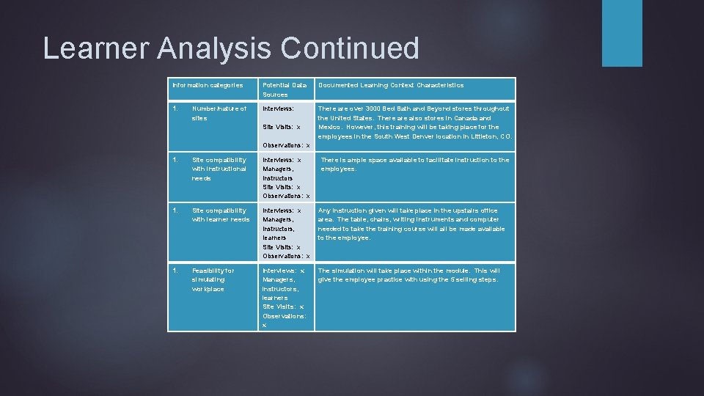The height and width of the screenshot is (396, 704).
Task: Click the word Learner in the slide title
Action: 86,48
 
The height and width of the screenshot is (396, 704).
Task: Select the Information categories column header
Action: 208,85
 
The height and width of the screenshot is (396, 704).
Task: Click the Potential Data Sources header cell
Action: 285,89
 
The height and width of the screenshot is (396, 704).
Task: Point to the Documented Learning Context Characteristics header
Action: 391,85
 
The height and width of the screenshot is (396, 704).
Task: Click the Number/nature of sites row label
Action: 219,113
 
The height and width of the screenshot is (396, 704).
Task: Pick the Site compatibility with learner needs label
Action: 220,215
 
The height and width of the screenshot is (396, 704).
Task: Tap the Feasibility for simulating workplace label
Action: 213,279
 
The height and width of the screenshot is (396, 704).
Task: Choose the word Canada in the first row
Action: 465,117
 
